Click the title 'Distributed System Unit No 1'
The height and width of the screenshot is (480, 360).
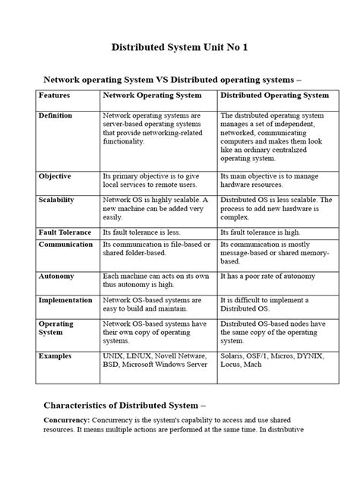click(180, 47)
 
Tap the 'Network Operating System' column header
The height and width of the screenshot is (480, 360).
click(153, 96)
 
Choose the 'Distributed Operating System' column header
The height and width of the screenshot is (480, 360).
click(274, 96)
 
